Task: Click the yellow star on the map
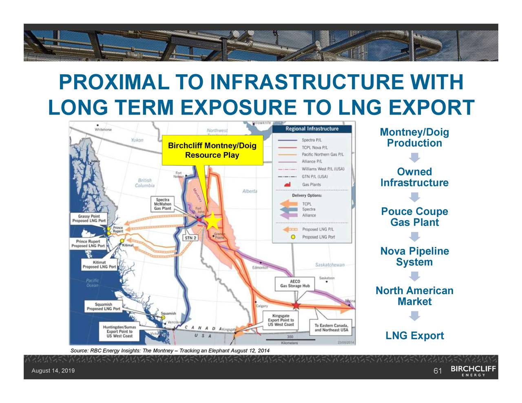pyautogui.click(x=212, y=222)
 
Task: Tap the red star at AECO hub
pyautogui.click(x=296, y=305)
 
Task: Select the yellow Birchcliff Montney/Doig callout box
pyautogui.click(x=212, y=150)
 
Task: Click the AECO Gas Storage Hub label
pyautogui.click(x=295, y=284)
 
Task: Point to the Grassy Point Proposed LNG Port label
pyautogui.click(x=89, y=218)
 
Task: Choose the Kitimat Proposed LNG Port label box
pyautogui.click(x=100, y=264)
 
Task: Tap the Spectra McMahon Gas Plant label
pyautogui.click(x=162, y=204)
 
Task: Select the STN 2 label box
pyautogui.click(x=190, y=238)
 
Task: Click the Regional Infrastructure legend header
pyautogui.click(x=312, y=129)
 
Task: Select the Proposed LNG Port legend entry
pyautogui.click(x=318, y=237)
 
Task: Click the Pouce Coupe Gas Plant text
pyautogui.click(x=414, y=217)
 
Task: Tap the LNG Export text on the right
pyautogui.click(x=414, y=336)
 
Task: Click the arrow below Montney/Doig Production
pyautogui.click(x=415, y=157)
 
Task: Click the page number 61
pyautogui.click(x=438, y=371)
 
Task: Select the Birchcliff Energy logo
pyautogui.click(x=473, y=371)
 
